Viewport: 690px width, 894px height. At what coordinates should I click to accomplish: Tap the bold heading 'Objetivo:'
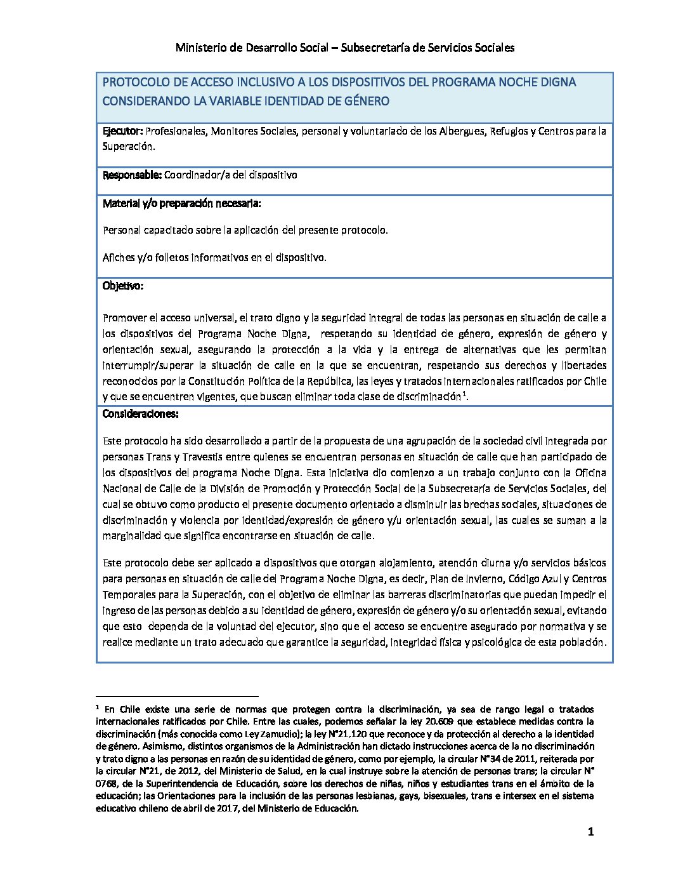click(x=123, y=286)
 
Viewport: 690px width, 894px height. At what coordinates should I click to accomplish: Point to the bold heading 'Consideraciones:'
click(x=140, y=414)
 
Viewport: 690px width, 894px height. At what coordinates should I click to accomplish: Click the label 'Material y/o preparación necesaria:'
click(x=181, y=204)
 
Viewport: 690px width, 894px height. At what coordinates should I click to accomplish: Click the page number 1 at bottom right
click(x=590, y=832)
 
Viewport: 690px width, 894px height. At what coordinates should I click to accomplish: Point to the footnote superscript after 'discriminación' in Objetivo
click(x=465, y=394)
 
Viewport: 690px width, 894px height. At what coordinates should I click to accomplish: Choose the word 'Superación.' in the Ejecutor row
click(x=128, y=146)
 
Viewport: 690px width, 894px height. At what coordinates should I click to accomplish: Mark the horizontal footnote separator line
click(x=178, y=696)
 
